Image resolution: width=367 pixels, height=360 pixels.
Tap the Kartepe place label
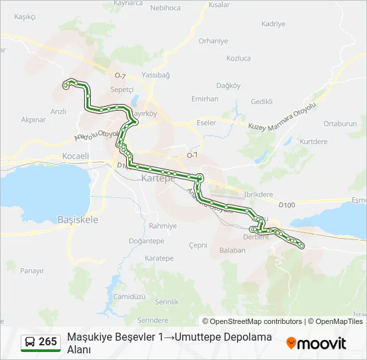tap(157, 179)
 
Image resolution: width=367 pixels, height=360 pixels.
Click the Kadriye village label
tap(274, 24)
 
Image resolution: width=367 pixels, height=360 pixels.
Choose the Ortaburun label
tap(340, 124)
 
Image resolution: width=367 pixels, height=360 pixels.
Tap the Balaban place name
tap(232, 251)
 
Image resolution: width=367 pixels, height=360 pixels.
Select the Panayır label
tap(32, 271)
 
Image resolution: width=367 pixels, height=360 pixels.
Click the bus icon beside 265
tap(29, 342)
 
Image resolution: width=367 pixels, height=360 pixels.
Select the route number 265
tap(47, 342)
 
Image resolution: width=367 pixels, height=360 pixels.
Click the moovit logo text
tap(322, 343)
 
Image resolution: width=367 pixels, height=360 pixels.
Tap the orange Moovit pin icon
tap(291, 343)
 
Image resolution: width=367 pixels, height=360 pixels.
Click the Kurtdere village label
tap(314, 142)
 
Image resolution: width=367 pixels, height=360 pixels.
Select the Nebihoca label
tap(165, 7)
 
